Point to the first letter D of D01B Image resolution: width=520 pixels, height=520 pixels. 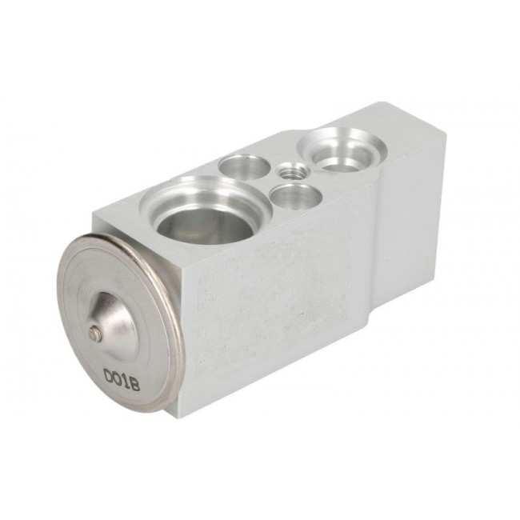coord(109,375)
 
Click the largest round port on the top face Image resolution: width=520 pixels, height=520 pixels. coord(206,210)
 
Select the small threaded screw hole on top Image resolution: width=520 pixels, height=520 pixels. coord(294,171)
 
